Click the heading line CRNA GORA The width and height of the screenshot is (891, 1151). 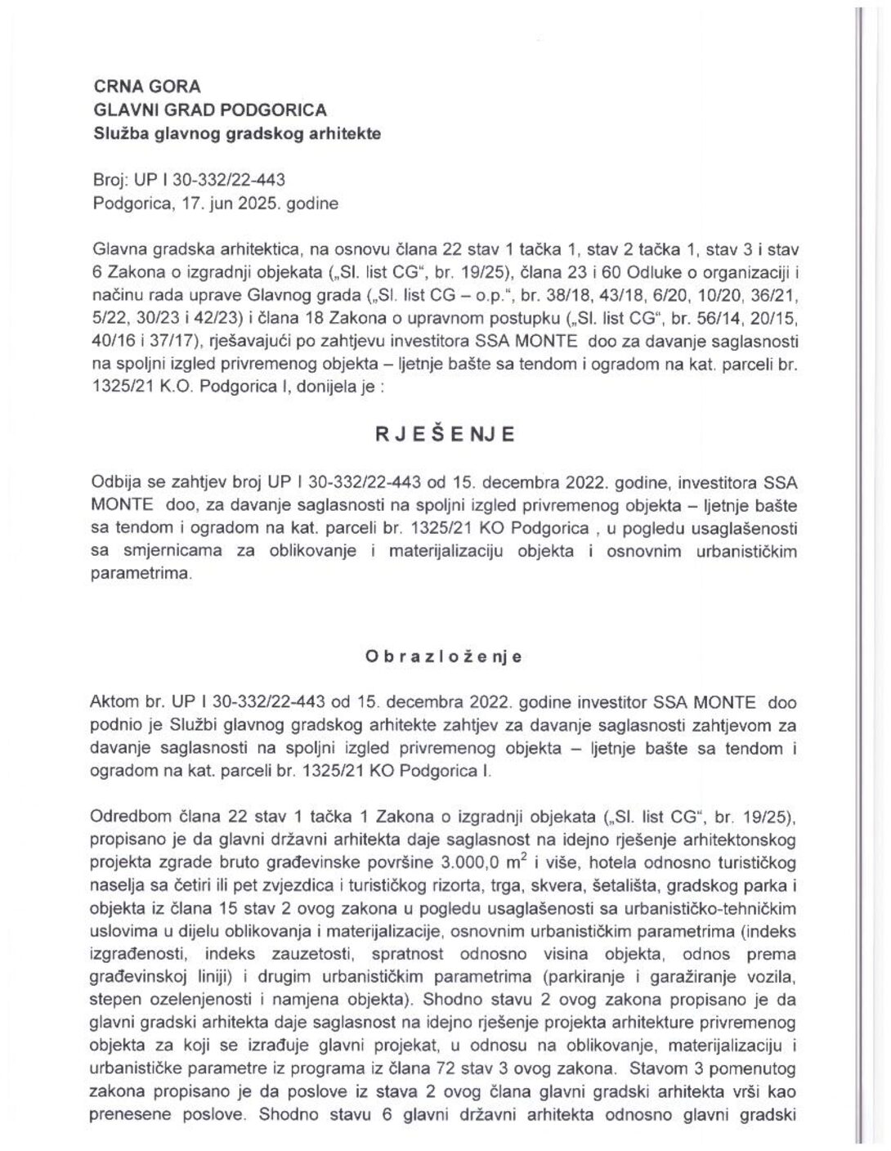(x=147, y=87)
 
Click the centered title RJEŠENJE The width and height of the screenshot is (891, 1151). (x=445, y=435)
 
